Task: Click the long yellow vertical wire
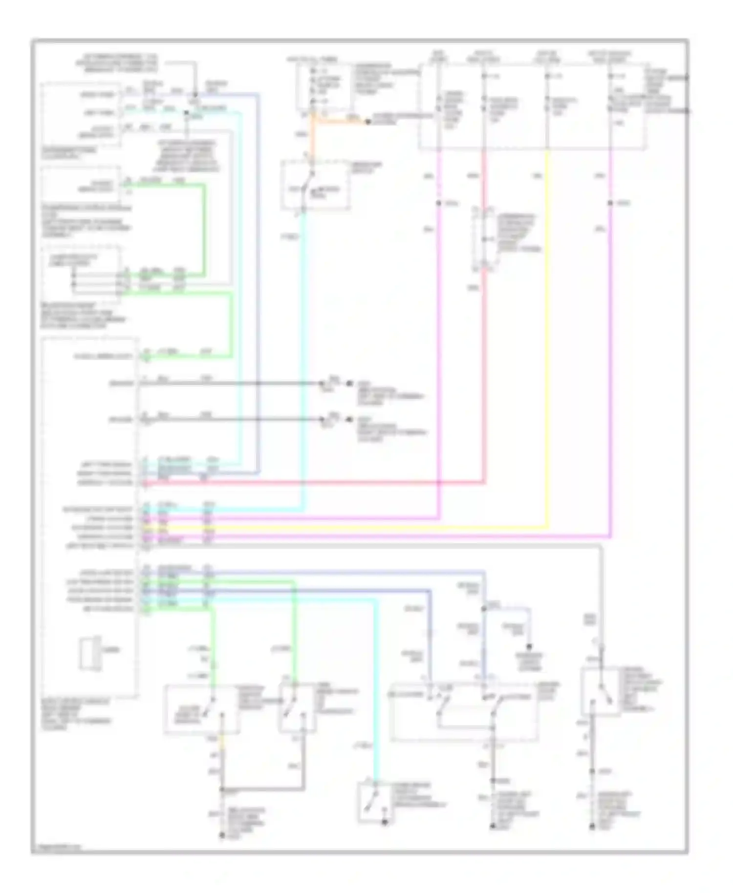tap(547, 342)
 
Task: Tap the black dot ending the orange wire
tap(367, 122)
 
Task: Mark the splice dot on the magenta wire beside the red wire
tap(438, 203)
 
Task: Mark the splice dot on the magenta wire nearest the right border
tap(610, 203)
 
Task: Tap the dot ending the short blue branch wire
tap(530, 646)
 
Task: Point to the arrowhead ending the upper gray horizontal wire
tap(323, 383)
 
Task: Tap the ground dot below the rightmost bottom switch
tap(592, 827)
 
